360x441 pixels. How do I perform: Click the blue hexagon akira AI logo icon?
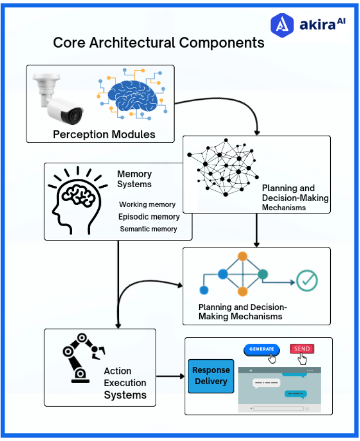(282, 25)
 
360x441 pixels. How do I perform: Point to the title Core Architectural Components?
(159, 42)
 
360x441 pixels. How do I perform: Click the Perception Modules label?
(104, 135)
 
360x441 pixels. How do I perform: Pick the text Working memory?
(147, 205)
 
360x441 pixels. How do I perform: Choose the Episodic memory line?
(149, 216)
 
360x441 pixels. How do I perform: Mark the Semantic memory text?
(149, 229)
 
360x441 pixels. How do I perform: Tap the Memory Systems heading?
(134, 179)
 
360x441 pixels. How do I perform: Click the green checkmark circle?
(307, 280)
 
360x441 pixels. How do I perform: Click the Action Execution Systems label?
(125, 383)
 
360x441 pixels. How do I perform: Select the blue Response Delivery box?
(210, 376)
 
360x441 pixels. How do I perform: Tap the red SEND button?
(302, 349)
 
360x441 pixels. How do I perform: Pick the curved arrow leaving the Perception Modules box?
(230, 110)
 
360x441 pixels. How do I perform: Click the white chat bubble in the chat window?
(266, 382)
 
